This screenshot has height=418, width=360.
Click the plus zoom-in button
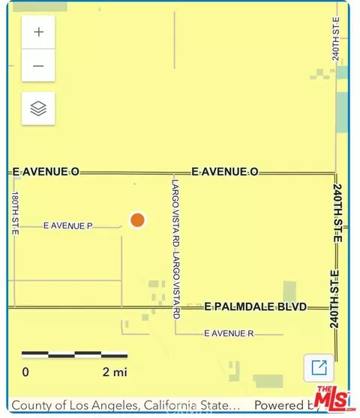click(x=38, y=32)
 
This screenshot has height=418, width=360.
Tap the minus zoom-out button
click(x=38, y=66)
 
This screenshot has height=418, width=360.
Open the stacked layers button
click(x=38, y=109)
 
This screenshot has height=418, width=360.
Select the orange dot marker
click(x=137, y=219)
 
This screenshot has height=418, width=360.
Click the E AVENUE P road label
click(x=67, y=225)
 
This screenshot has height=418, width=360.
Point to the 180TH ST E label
click(x=14, y=213)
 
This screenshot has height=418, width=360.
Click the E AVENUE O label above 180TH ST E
click(x=46, y=172)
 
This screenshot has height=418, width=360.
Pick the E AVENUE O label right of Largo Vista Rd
click(x=225, y=172)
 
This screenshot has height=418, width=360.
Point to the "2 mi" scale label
click(x=115, y=372)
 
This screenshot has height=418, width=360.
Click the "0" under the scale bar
click(x=25, y=372)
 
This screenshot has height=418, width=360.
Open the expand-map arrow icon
click(x=319, y=367)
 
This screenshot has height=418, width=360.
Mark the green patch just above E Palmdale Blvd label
click(x=289, y=291)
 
